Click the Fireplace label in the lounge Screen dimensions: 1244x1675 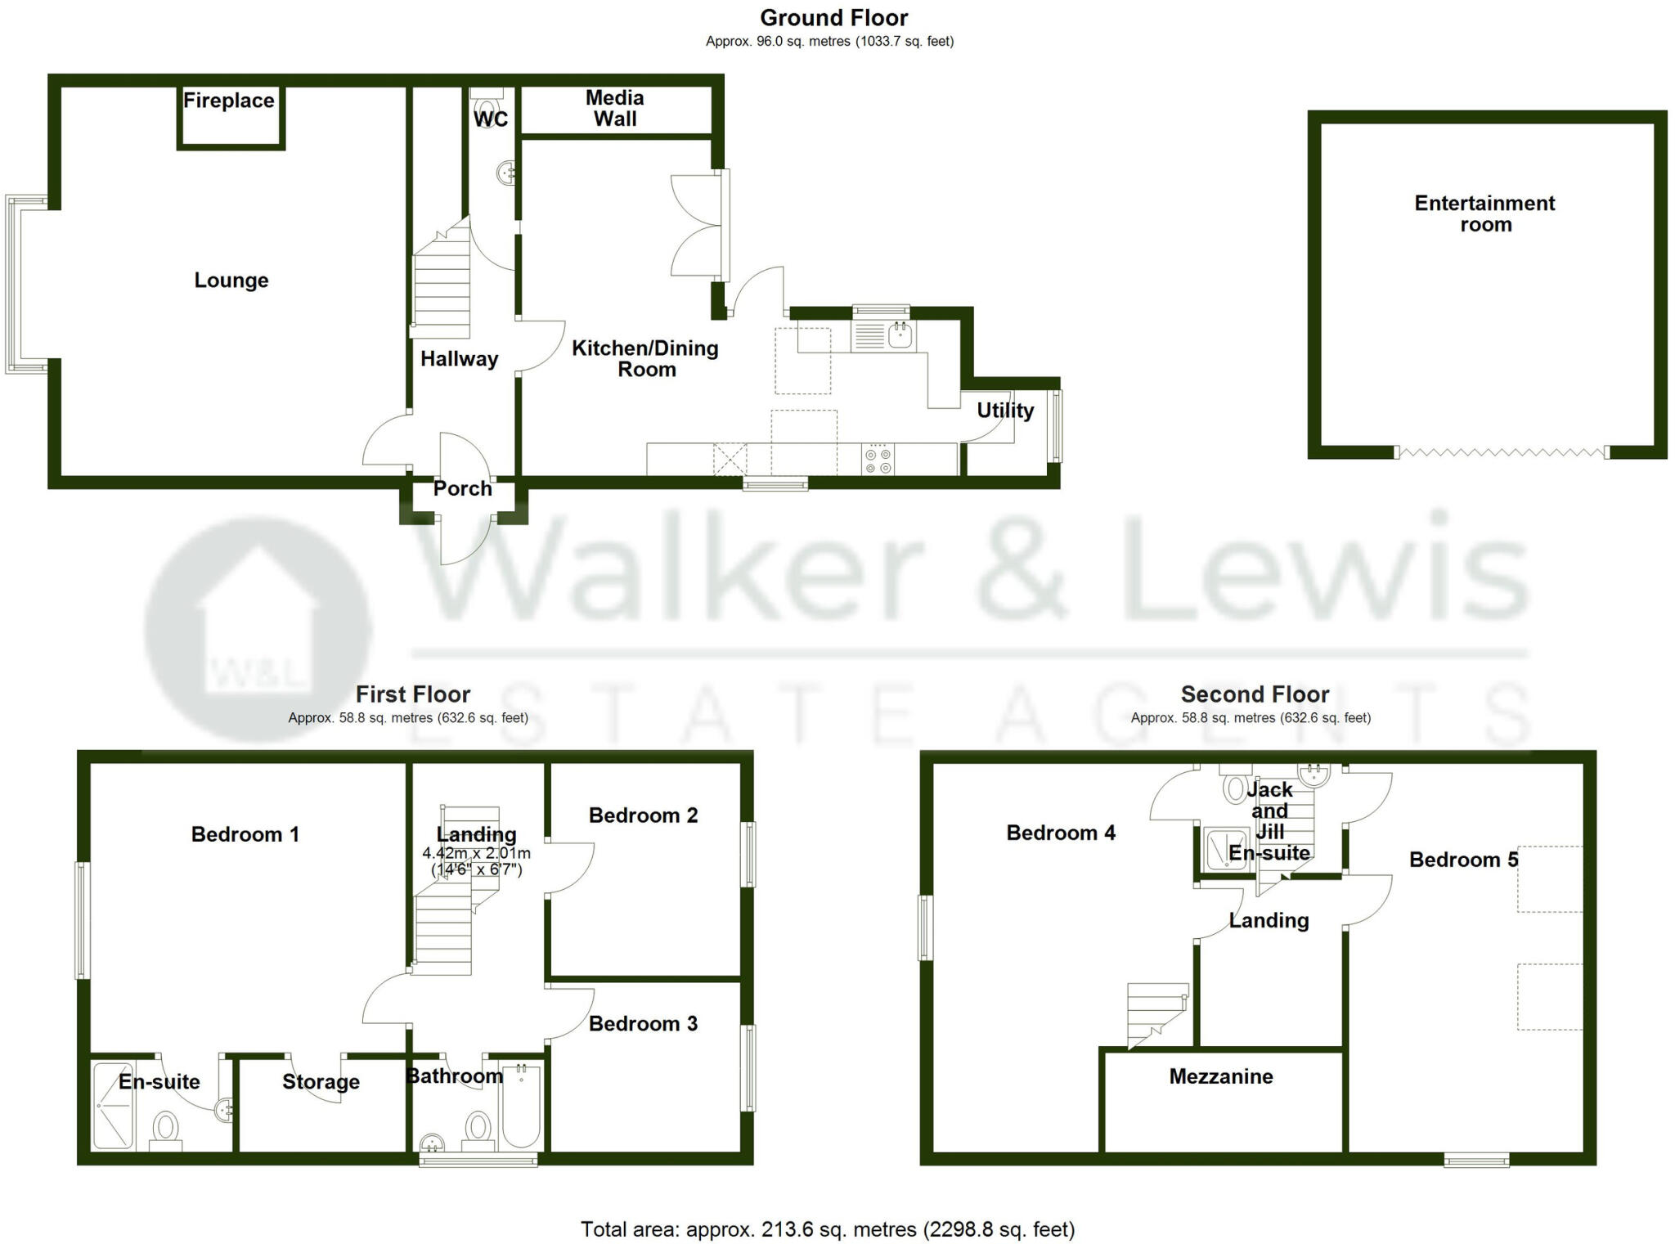coord(228,101)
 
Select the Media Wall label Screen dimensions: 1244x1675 coord(615,108)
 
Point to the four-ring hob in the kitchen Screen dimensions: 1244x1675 coord(878,460)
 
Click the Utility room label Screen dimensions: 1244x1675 coord(1005,410)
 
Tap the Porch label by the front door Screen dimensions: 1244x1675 coord(462,488)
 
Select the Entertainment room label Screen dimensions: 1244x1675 coord(1484,213)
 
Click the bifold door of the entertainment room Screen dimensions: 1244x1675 coord(1502,451)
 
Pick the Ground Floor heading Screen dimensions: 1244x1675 coord(833,18)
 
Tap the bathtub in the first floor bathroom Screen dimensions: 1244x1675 coord(521,1106)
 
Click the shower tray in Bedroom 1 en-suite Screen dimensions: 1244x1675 coord(112,1105)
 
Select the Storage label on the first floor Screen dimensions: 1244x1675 coord(321,1081)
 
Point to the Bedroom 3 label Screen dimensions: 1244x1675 coord(643,1023)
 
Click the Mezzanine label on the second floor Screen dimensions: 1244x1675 coord(1220,1076)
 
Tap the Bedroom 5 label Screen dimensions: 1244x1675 coord(1463,860)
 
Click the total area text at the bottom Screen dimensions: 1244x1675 coord(827,1229)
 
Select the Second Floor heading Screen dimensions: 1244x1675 coord(1255,694)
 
